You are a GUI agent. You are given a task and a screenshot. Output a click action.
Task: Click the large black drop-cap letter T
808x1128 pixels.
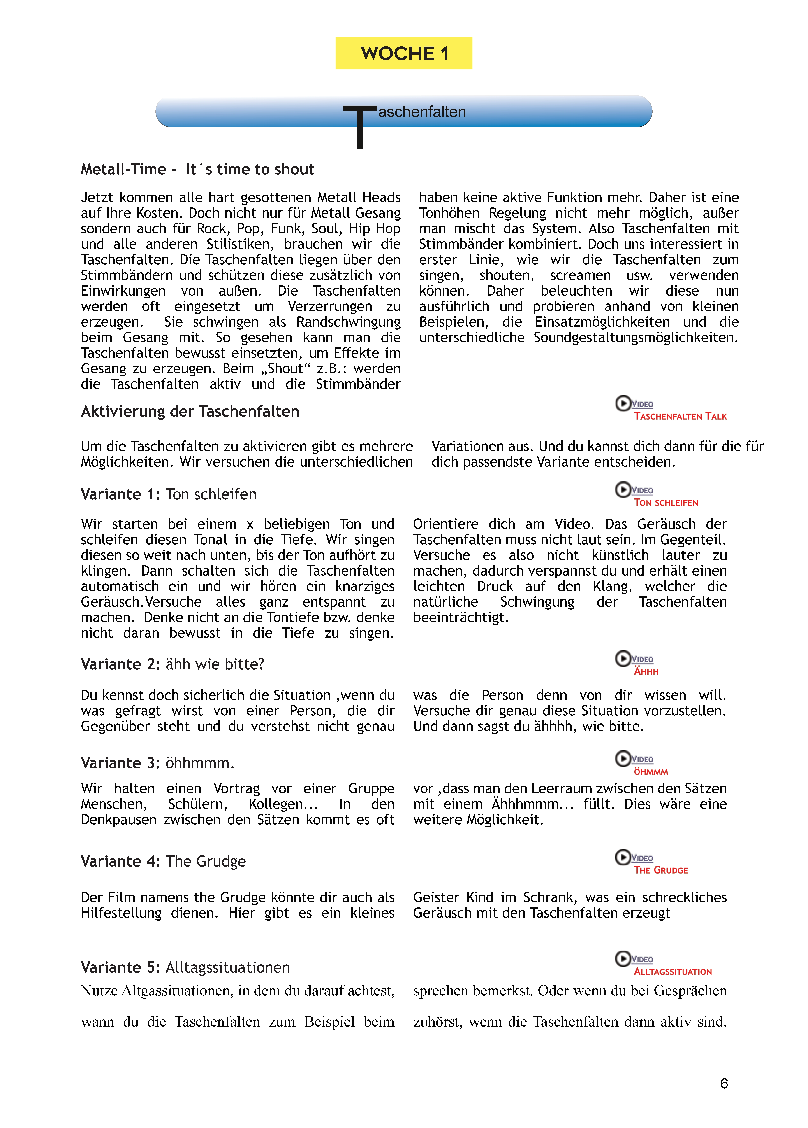360,127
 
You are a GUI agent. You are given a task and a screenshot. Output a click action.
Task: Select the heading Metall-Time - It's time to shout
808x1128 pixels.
197,169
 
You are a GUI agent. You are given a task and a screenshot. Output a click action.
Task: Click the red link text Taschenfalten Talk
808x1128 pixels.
680,416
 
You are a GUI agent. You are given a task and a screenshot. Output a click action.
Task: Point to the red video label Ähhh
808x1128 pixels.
646,671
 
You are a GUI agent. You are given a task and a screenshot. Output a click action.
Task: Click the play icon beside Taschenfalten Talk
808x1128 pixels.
623,403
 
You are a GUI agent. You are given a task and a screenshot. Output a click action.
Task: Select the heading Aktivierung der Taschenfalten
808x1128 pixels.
190,411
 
